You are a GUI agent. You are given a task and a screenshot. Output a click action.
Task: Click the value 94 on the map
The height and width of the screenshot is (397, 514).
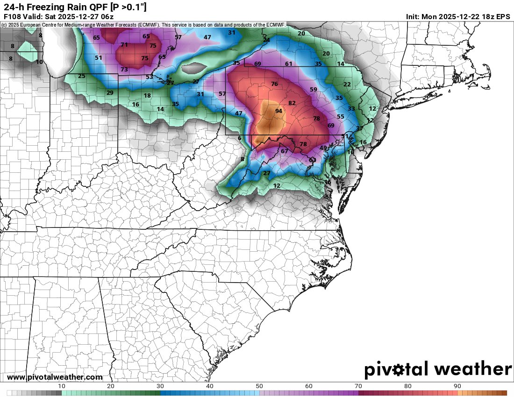click(278, 111)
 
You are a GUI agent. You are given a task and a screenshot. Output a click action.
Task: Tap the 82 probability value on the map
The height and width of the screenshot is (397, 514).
click(292, 103)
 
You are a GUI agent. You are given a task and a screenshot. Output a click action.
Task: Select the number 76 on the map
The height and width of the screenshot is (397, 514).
click(274, 84)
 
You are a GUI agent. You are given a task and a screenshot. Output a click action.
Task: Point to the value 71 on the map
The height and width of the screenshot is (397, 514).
click(124, 45)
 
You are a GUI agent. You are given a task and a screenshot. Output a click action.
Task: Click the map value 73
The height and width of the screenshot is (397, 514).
click(124, 70)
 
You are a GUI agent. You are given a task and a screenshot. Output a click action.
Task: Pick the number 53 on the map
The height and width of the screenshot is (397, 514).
click(149, 77)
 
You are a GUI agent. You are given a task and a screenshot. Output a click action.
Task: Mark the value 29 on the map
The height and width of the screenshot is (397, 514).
click(110, 93)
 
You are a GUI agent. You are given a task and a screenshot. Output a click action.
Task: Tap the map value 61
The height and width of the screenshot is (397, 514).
click(289, 64)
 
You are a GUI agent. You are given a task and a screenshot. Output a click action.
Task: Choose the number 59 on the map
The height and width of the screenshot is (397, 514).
click(314, 90)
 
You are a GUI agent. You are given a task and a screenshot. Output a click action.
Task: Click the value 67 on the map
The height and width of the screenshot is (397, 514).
click(285, 151)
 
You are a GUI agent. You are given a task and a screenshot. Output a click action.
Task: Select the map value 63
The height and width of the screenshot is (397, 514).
click(313, 160)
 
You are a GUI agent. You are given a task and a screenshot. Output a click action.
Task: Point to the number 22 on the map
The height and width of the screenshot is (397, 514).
click(347, 85)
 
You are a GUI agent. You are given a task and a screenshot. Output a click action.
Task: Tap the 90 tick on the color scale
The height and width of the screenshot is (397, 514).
click(457, 386)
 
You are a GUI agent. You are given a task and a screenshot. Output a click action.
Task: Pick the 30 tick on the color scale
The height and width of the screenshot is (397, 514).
click(160, 386)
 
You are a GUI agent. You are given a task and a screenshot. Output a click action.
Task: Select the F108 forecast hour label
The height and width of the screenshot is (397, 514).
click(12, 16)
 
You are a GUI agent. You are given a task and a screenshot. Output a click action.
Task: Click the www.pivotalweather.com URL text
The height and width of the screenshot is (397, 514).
click(55, 377)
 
